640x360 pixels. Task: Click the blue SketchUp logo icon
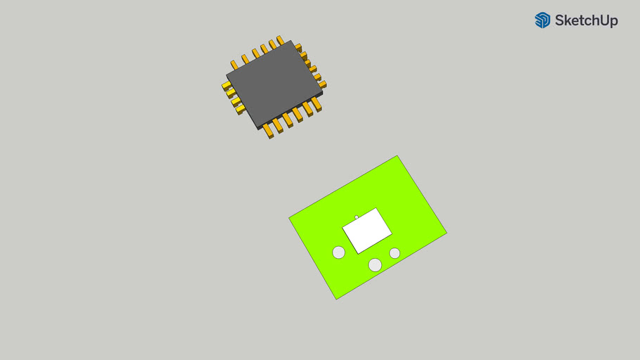542,20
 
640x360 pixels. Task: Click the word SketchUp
586,21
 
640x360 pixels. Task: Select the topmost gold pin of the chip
280,40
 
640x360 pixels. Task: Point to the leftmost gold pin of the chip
226,86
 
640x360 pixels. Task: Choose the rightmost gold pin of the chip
322,84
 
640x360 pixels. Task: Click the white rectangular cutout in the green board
366,231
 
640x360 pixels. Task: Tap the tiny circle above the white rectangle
357,217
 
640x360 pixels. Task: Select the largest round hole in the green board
375,264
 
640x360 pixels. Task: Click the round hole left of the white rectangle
339,252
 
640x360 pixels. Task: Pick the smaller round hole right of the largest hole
395,253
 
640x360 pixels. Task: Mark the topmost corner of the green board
397,156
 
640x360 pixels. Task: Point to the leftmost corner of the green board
289,218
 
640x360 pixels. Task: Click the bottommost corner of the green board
336,299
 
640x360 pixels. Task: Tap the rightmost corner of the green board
447,232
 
